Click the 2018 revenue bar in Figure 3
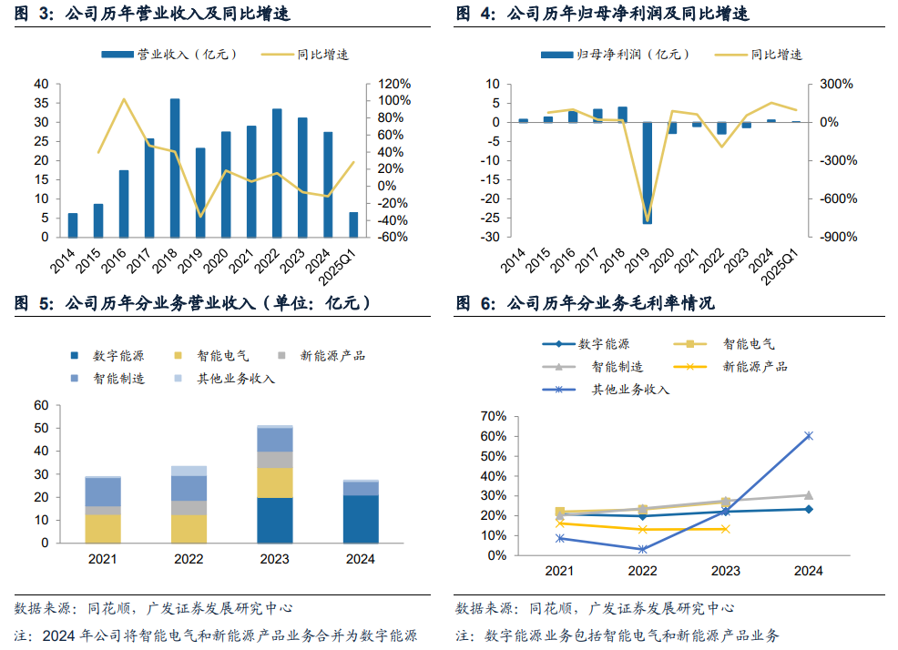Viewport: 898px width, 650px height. click(175, 168)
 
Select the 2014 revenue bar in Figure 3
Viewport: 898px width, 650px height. click(73, 225)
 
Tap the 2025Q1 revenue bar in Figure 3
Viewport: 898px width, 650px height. click(353, 224)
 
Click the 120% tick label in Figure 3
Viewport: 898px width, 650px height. click(394, 84)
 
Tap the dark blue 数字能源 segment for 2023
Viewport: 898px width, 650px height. click(275, 520)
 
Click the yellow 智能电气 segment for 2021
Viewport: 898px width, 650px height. click(103, 528)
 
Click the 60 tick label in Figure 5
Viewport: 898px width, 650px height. click(41, 405)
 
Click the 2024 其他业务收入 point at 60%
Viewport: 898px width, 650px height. click(808, 436)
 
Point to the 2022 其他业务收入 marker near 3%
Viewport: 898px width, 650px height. click(642, 549)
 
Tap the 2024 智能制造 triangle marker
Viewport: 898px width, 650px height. click(808, 495)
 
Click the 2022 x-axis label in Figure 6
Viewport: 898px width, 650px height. click(642, 571)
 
